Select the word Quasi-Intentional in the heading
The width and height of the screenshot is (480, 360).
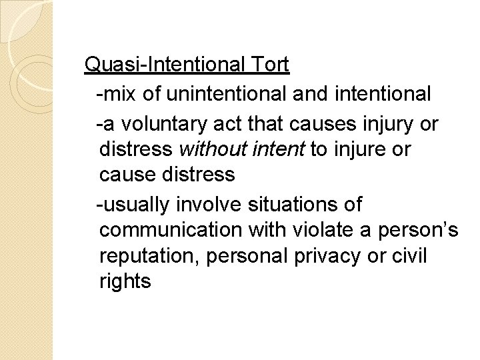pos(165,65)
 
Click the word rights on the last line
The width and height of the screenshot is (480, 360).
pos(125,283)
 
